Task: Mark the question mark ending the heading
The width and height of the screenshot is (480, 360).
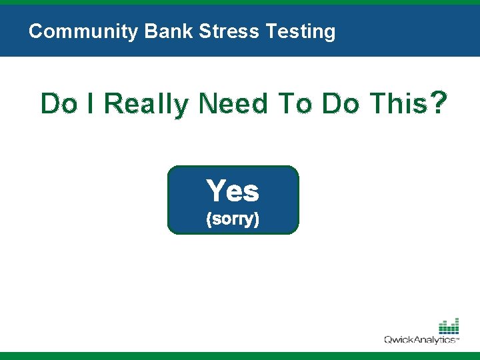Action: point(439,103)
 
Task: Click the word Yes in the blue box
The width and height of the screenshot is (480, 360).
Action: point(233,191)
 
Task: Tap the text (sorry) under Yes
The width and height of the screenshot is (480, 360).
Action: point(233,219)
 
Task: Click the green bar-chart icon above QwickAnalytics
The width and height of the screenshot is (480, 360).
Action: point(449,326)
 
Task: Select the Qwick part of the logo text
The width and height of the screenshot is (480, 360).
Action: point(401,340)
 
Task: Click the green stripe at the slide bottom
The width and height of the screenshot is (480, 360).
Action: point(240,356)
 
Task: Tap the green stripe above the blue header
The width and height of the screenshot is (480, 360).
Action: point(240,3)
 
